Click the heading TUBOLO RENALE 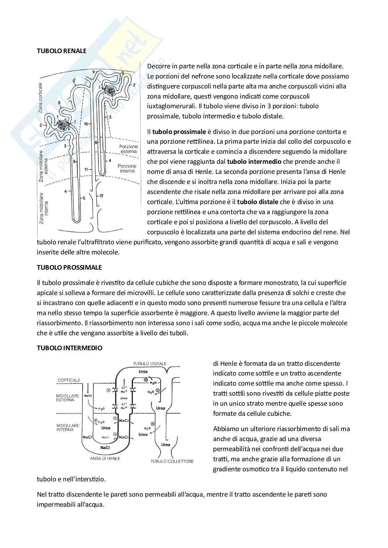click(x=62, y=51)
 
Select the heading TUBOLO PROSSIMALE click(x=69, y=267)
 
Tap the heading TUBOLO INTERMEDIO click(x=70, y=348)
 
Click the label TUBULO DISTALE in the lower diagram click(x=149, y=363)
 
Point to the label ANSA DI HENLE click(x=105, y=458)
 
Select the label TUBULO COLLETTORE click(x=172, y=461)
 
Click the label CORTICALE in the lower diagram click(x=69, y=380)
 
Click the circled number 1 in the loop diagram click(x=108, y=390)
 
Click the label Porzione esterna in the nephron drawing click(x=128, y=149)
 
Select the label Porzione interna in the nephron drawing click(x=127, y=168)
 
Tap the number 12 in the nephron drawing click(x=101, y=196)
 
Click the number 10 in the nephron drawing click(x=86, y=124)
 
